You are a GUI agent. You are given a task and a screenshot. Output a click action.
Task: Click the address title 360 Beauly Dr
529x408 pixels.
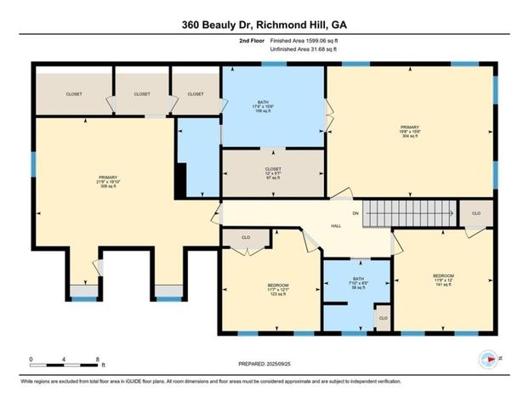point(264,25)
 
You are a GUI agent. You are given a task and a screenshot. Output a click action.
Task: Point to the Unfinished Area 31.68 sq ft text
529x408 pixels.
point(304,49)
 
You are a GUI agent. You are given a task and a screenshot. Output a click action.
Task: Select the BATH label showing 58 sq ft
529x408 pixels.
point(356,286)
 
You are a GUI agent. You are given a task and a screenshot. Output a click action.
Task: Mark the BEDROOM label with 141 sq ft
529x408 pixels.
point(443,280)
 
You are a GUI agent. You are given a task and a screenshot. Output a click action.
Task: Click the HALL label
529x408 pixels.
point(335,227)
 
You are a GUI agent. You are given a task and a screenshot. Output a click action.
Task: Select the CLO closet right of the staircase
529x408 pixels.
point(476,214)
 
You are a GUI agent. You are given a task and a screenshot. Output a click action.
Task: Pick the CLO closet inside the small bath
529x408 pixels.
point(383,318)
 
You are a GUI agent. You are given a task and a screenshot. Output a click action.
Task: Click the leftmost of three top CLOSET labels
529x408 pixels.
point(74,94)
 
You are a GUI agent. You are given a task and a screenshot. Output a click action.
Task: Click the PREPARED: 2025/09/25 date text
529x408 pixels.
point(264,363)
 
